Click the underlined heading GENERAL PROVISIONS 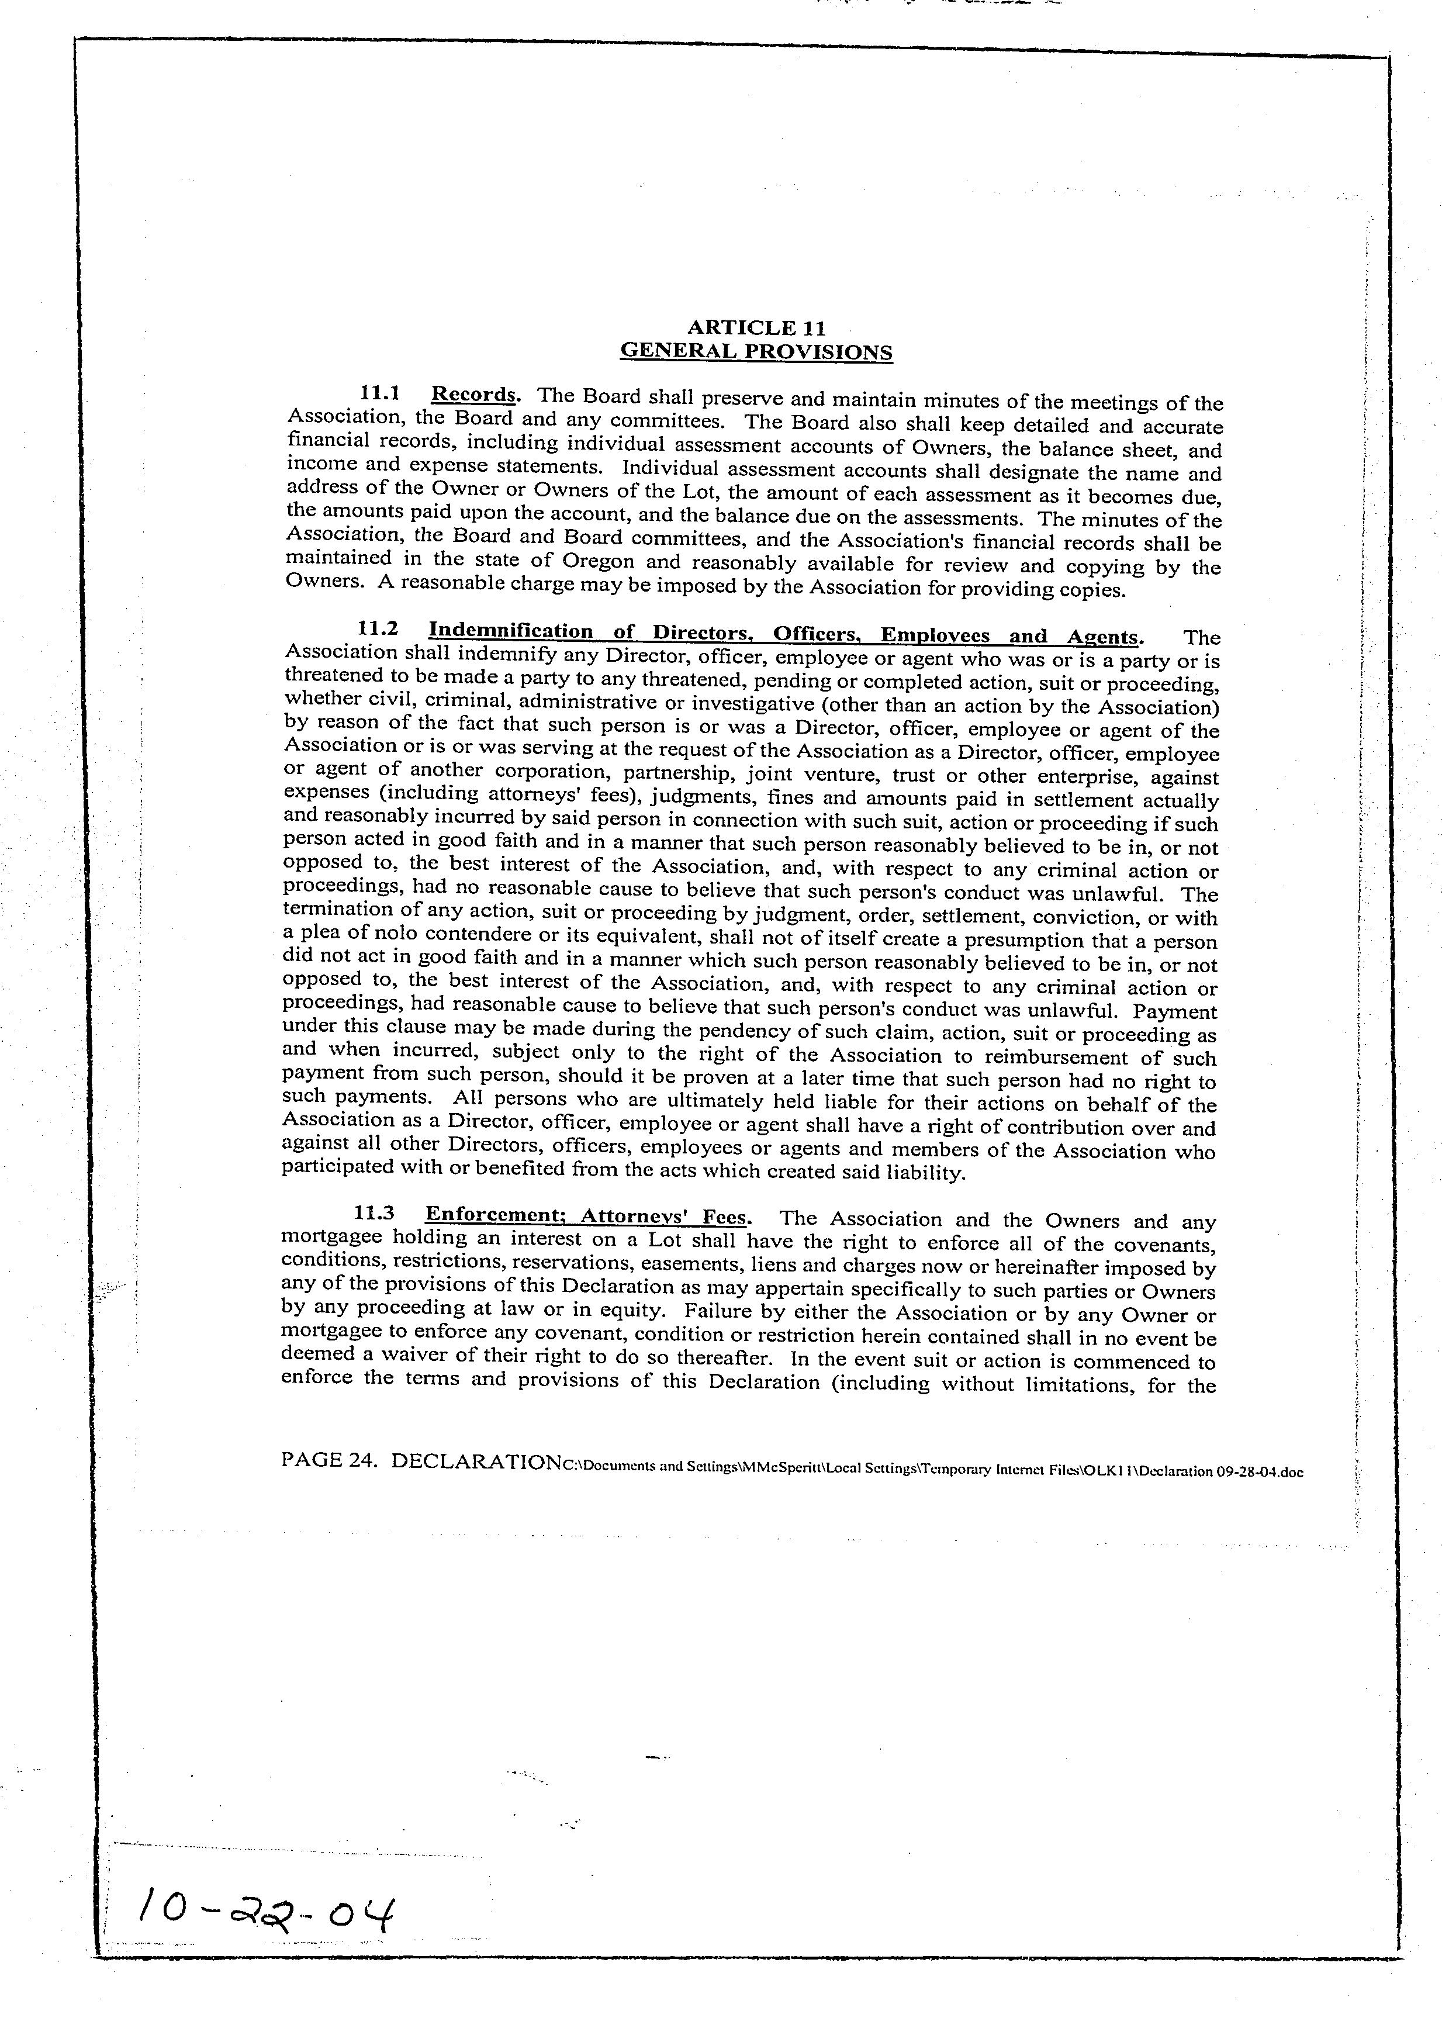coord(756,351)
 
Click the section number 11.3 coord(374,1213)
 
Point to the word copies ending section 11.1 coord(1096,589)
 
